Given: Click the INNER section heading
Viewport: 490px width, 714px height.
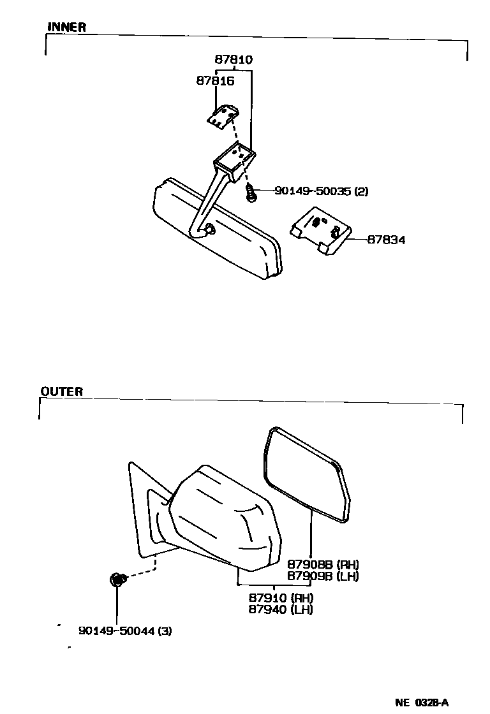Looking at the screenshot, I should click(66, 27).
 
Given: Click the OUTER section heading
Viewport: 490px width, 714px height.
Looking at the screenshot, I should click(62, 391).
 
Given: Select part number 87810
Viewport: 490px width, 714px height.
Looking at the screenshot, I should click(233, 60).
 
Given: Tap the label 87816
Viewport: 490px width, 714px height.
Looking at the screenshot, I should click(215, 81).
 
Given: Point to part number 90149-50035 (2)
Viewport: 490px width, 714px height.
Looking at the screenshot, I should click(322, 191).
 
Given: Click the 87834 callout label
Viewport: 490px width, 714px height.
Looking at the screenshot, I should click(386, 240).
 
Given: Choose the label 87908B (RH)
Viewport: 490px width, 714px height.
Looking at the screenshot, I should click(323, 564).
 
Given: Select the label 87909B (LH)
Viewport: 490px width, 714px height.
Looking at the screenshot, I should click(323, 576).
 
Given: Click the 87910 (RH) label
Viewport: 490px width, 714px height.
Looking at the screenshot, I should click(281, 598).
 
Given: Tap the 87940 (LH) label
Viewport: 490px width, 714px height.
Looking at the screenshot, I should click(281, 609).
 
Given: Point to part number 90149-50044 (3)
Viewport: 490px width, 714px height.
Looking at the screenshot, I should click(125, 631).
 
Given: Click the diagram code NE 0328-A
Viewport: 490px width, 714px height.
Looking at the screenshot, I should click(422, 703).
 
